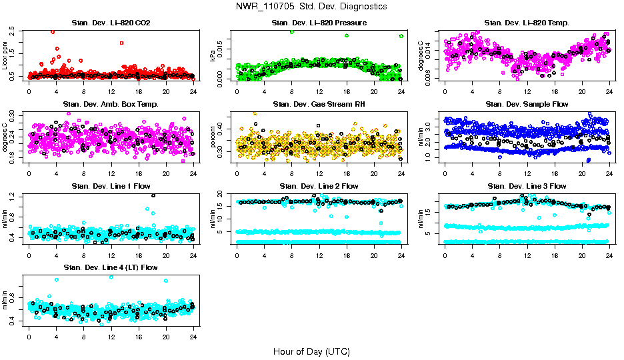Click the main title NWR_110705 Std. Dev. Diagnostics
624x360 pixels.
[311, 7]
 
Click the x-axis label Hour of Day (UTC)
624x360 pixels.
[311, 351]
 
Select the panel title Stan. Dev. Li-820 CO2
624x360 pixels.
[111, 23]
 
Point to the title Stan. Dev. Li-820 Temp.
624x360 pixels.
[527, 23]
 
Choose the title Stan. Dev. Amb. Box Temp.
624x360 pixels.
[111, 105]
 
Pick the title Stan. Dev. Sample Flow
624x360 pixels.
[527, 105]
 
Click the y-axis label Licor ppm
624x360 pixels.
[5, 55]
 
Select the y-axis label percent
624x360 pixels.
[213, 137]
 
